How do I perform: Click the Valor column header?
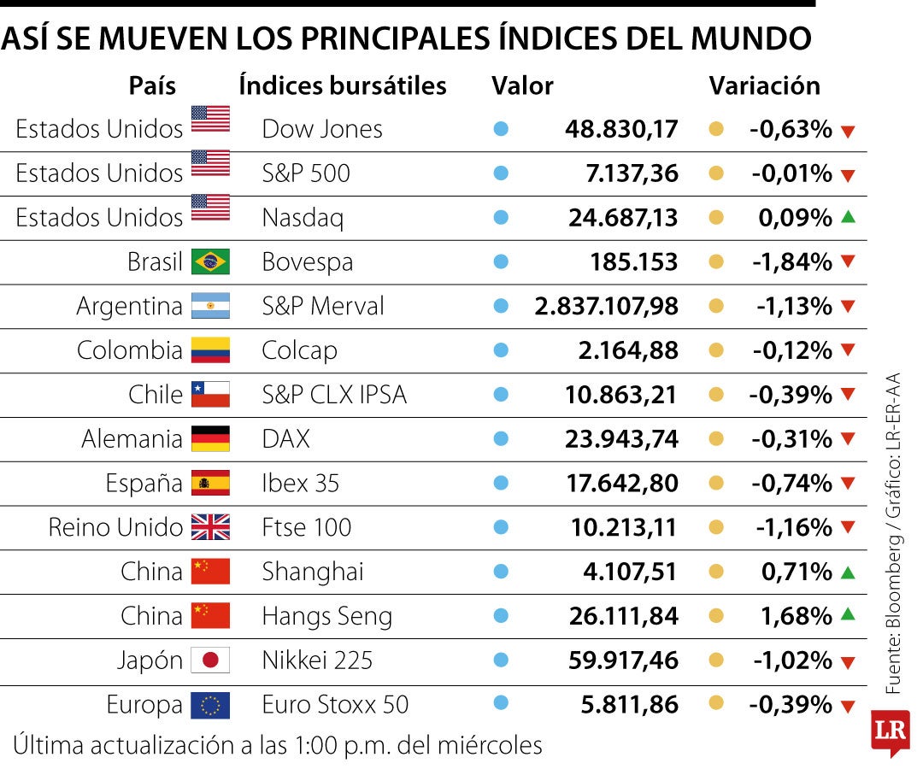pyautogui.click(x=522, y=85)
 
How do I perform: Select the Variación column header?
pyautogui.click(x=764, y=85)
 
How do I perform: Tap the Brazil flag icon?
pyautogui.click(x=210, y=261)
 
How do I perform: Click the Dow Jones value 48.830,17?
pyautogui.click(x=621, y=129)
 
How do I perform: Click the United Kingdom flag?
pyautogui.click(x=210, y=527)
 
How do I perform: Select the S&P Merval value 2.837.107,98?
pyautogui.click(x=606, y=306)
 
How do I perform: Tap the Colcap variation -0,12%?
pyautogui.click(x=792, y=350)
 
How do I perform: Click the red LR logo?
pyautogui.click(x=890, y=731)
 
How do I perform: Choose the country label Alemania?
pyautogui.click(x=132, y=439)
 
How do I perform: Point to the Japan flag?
pyautogui.click(x=210, y=660)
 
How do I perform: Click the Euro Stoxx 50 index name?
pyautogui.click(x=335, y=705)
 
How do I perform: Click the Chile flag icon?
pyautogui.click(x=210, y=395)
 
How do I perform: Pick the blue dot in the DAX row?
pyautogui.click(x=501, y=439)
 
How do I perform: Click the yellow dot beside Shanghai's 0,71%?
pyautogui.click(x=716, y=572)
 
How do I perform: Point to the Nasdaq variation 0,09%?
pyautogui.click(x=795, y=218)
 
